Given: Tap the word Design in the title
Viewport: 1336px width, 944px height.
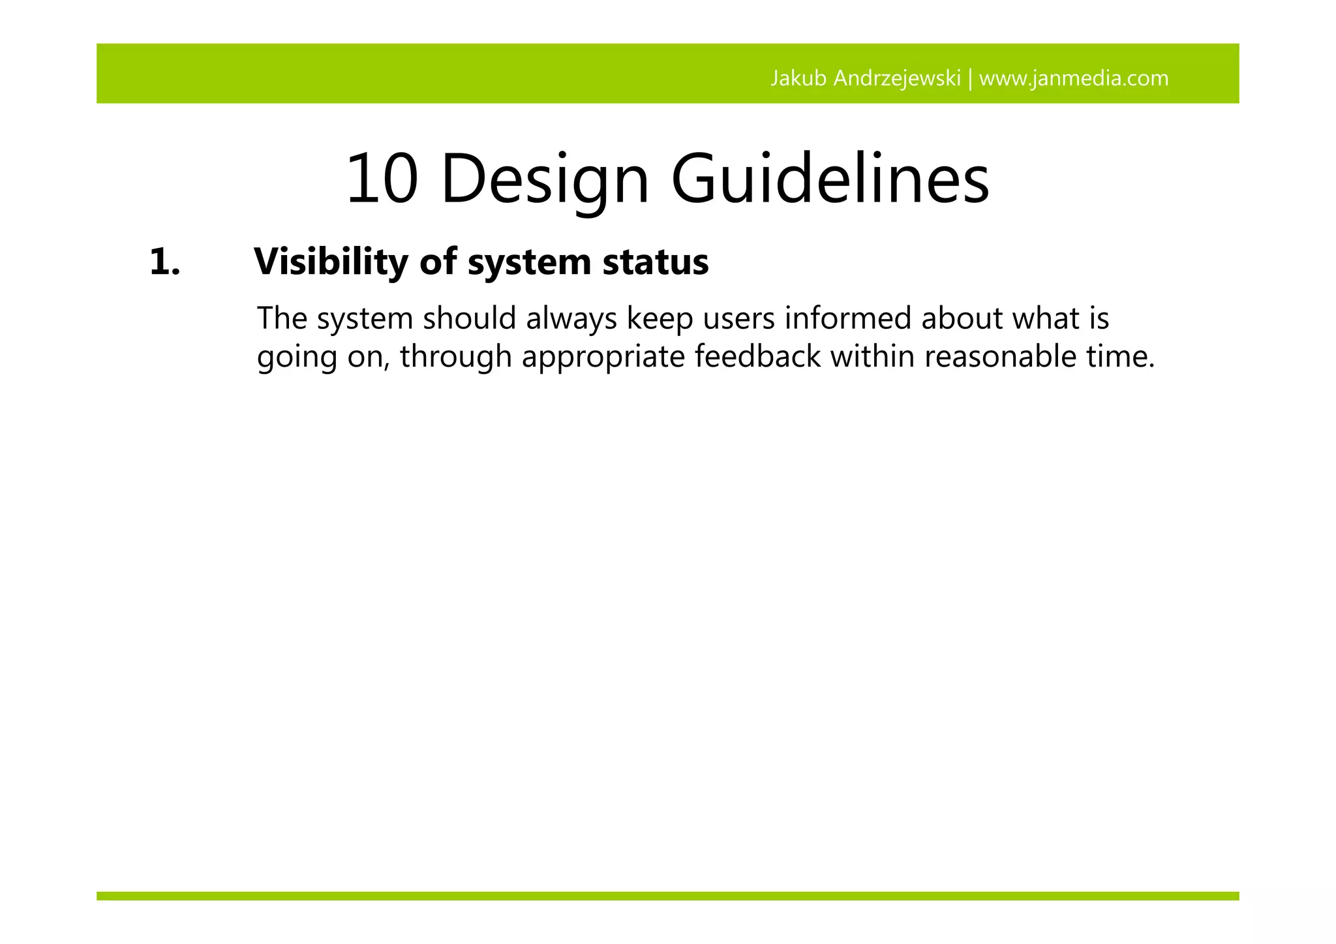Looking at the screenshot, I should click(x=545, y=179).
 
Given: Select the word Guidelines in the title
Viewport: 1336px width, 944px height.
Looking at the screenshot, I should click(x=830, y=179).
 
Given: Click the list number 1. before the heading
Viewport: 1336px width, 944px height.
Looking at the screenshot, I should click(x=164, y=262).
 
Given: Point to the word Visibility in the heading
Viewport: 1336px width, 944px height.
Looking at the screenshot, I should click(x=331, y=262).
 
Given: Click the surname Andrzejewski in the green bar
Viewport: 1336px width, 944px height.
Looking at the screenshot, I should click(x=897, y=79).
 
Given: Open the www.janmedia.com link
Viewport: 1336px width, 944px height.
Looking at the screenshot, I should click(x=1074, y=79).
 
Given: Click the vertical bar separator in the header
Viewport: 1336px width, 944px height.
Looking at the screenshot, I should click(x=970, y=79).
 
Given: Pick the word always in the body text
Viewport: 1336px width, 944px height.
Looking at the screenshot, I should click(x=571, y=319).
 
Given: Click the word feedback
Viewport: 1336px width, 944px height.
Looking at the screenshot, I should click(x=757, y=357).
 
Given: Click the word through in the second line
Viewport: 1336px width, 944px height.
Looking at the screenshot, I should click(x=456, y=357).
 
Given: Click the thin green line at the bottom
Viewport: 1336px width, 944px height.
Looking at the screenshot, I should click(x=667, y=896).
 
